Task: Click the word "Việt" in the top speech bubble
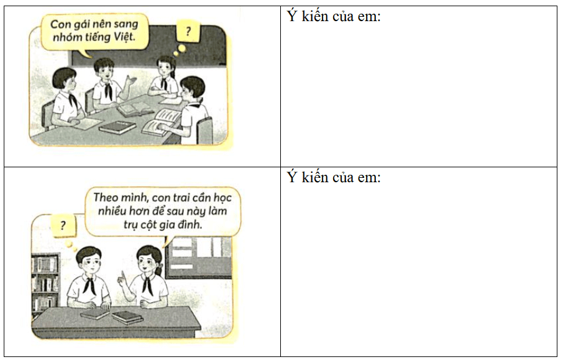coord(124,36)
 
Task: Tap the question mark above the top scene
coord(188,31)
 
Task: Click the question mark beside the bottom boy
coord(63,225)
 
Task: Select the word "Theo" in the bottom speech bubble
coord(106,197)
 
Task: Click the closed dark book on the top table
coord(117,127)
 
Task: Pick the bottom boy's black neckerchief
coord(89,285)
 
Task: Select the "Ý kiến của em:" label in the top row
coord(334,16)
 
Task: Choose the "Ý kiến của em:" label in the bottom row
coord(334,177)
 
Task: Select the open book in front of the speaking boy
coord(135,108)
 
